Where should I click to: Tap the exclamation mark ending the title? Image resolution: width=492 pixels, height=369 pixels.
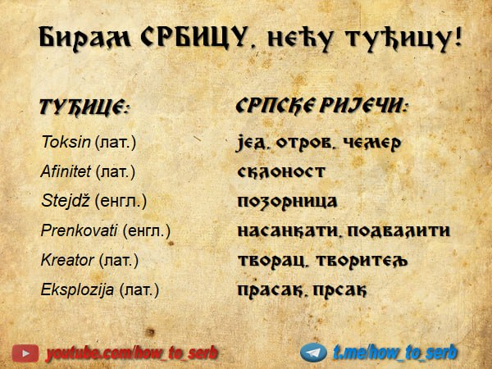458,36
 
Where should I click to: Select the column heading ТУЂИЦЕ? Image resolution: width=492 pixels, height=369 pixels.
84,107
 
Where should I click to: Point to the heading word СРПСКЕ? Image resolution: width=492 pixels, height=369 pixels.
275,106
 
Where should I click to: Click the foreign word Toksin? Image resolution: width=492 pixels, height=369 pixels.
66,142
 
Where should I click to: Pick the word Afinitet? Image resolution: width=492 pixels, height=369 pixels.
66,171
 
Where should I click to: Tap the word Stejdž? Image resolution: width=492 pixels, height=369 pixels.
66,201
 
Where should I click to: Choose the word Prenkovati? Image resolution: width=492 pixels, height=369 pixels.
79,230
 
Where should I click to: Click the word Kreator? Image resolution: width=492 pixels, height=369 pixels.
67,260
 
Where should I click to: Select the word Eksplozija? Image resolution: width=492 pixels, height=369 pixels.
77,289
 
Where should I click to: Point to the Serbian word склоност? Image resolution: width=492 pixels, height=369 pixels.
280,171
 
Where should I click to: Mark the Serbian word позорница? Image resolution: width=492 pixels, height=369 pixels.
287,202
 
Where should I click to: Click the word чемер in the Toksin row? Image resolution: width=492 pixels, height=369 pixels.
371,143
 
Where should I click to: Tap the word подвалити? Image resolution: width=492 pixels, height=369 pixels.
399,230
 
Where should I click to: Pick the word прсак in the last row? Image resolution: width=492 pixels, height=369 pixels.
339,290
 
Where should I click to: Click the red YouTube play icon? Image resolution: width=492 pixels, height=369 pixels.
25,353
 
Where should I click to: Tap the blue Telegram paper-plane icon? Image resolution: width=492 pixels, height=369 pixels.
313,353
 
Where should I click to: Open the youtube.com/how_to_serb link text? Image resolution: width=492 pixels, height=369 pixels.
132,353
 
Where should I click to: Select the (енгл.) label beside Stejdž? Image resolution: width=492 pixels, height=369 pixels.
121,201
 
